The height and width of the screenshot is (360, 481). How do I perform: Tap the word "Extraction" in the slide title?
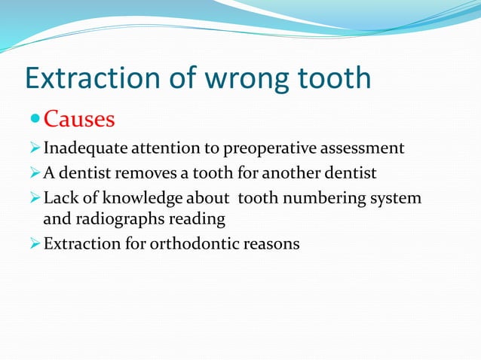click(x=93, y=78)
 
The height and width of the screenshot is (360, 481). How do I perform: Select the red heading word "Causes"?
click(x=79, y=120)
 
